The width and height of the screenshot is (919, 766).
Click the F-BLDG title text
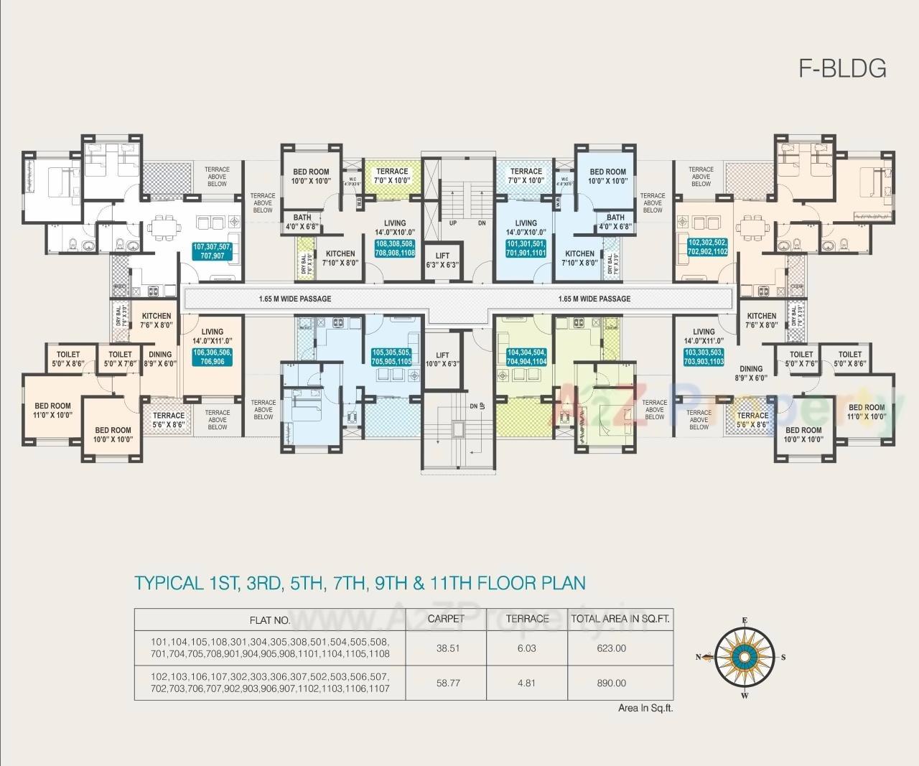click(x=842, y=68)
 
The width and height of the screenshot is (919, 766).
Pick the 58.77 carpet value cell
click(x=448, y=683)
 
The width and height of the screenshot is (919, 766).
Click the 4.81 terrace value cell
click(x=526, y=683)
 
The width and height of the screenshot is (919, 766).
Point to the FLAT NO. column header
click(x=270, y=620)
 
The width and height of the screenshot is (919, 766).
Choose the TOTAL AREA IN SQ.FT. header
click(x=620, y=618)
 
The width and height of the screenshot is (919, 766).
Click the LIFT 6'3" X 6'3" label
click(x=442, y=260)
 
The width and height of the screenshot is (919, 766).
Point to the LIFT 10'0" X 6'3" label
click(x=442, y=359)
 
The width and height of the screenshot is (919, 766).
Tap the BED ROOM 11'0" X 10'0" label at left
click(x=52, y=411)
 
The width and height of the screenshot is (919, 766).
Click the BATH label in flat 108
click(x=302, y=222)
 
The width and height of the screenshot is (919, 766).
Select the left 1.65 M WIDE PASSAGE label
click(x=295, y=299)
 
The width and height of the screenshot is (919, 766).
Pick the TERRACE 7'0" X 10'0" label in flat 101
click(x=526, y=175)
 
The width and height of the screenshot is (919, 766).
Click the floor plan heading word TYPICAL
click(x=169, y=582)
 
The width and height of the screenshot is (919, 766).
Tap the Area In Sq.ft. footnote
click(x=645, y=708)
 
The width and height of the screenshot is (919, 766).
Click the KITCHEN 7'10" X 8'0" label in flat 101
click(x=579, y=258)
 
